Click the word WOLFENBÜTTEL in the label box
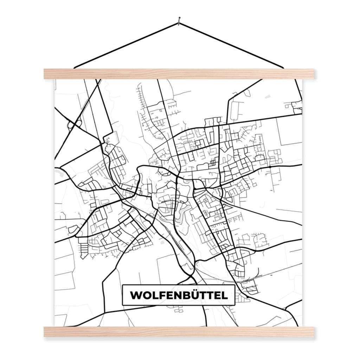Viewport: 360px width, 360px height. (179, 295)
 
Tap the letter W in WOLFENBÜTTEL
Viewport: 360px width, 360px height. (136, 295)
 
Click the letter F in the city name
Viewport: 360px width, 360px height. (162, 295)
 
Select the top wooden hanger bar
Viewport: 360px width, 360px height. (179, 74)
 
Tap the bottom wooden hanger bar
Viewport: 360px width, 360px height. (179, 332)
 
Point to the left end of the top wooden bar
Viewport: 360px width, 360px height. (46, 74)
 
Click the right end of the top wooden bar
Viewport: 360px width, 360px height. (312, 74)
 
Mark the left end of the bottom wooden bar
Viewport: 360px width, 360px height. (46, 332)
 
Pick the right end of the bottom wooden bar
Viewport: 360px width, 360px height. (312, 332)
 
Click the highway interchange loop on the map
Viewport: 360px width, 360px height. (74, 124)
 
